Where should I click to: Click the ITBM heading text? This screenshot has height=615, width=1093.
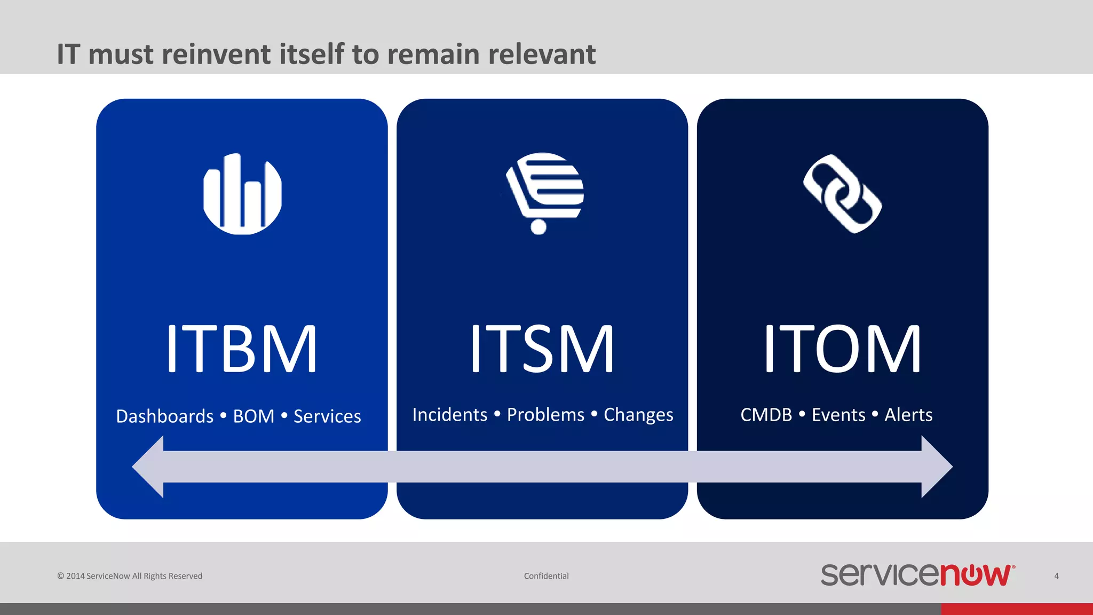242,349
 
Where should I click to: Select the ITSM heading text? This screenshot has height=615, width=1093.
542,349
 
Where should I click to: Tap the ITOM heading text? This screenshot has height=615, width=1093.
842,349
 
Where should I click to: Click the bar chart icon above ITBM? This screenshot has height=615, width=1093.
242,194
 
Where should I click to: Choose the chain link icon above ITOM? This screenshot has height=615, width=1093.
842,194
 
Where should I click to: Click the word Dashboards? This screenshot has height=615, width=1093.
164,416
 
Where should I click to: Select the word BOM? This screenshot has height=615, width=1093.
254,416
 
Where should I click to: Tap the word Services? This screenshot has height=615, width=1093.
327,416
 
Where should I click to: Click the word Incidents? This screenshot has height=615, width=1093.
449,415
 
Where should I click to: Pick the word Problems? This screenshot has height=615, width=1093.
545,415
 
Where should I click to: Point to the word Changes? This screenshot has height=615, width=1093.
638,415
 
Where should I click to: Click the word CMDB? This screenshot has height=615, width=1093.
766,415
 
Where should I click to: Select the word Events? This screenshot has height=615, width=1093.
838,415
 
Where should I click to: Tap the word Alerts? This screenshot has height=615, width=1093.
908,415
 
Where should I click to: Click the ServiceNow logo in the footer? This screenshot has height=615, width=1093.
917,575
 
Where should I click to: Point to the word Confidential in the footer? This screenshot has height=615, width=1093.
546,576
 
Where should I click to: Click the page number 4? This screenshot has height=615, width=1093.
1056,576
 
